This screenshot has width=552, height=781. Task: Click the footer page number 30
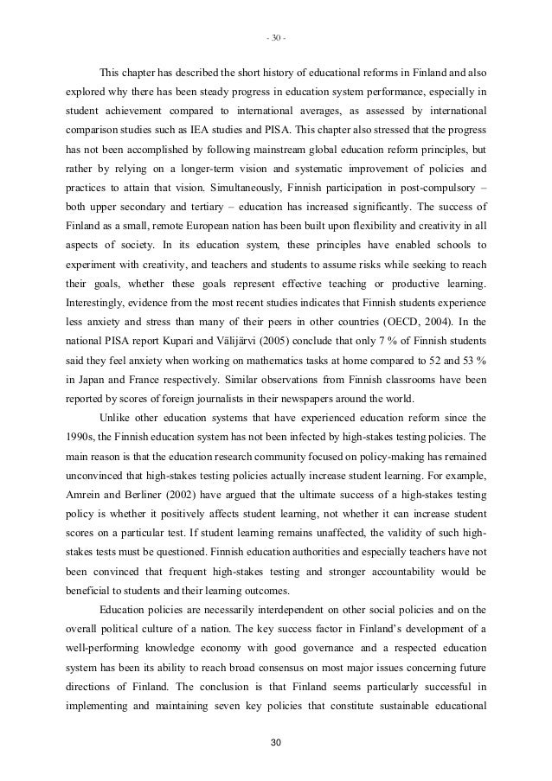[x=275, y=743]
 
